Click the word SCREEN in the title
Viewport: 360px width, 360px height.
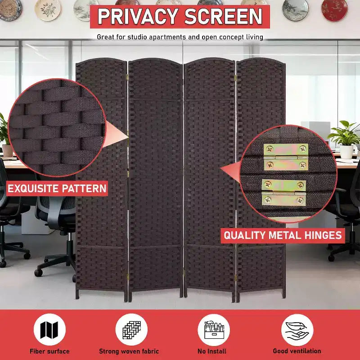[x=223, y=17]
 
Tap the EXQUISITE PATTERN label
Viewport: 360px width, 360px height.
[x=57, y=189]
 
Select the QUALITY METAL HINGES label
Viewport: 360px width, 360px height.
[x=283, y=235]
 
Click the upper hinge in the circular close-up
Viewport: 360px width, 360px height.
[x=286, y=157]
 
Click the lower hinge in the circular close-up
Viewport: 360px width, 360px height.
[x=284, y=193]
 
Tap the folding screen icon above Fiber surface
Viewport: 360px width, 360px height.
[x=49, y=330]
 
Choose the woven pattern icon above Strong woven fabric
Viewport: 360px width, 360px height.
[x=131, y=330]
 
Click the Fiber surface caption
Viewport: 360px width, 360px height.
[x=49, y=351]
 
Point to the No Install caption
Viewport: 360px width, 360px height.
[x=212, y=351]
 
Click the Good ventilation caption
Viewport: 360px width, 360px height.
[x=297, y=351]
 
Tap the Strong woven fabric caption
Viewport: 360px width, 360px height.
[x=129, y=351]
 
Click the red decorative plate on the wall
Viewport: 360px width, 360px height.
[x=334, y=10]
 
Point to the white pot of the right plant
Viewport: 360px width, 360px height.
[x=346, y=152]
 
